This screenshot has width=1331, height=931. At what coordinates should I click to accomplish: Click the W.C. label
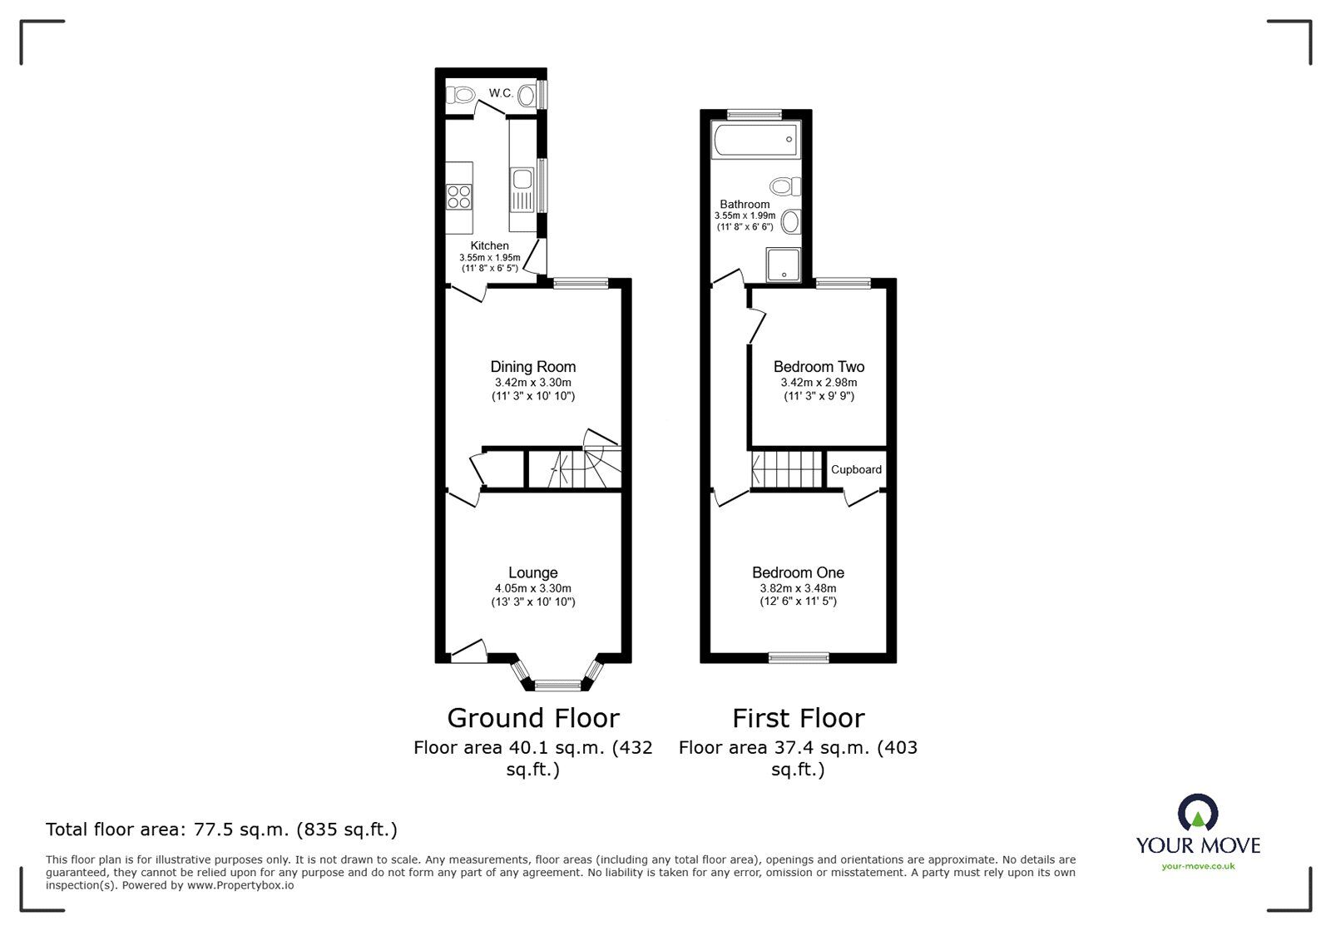tap(500, 93)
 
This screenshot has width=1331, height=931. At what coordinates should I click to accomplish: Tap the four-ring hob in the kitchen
tap(459, 196)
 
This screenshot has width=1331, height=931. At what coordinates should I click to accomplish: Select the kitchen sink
tap(522, 180)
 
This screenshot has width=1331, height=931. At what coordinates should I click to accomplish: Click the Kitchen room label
tap(490, 245)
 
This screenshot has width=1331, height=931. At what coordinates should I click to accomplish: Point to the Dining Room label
tap(532, 367)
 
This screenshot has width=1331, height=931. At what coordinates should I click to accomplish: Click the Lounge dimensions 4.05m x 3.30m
tap(532, 588)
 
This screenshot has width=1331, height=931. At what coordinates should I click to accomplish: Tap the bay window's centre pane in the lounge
tap(557, 686)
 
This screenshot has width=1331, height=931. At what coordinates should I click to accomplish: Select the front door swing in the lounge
tap(468, 651)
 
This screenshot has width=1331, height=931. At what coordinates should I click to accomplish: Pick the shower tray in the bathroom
tap(782, 265)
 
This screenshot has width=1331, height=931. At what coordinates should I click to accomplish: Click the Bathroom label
tap(745, 204)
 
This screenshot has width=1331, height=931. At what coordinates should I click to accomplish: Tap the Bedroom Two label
tap(819, 367)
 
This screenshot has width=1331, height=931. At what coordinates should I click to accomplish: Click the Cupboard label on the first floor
tap(856, 469)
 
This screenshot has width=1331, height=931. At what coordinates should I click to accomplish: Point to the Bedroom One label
tap(798, 572)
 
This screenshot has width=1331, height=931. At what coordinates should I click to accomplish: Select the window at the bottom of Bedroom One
tap(799, 657)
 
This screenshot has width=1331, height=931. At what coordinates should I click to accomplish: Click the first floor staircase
tap(785, 469)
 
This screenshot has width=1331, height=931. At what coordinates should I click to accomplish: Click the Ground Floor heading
tap(533, 718)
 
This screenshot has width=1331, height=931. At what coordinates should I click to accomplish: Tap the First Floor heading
tap(798, 718)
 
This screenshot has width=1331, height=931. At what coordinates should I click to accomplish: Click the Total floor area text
tap(221, 829)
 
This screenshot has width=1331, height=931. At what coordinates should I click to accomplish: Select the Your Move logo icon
tap(1198, 814)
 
